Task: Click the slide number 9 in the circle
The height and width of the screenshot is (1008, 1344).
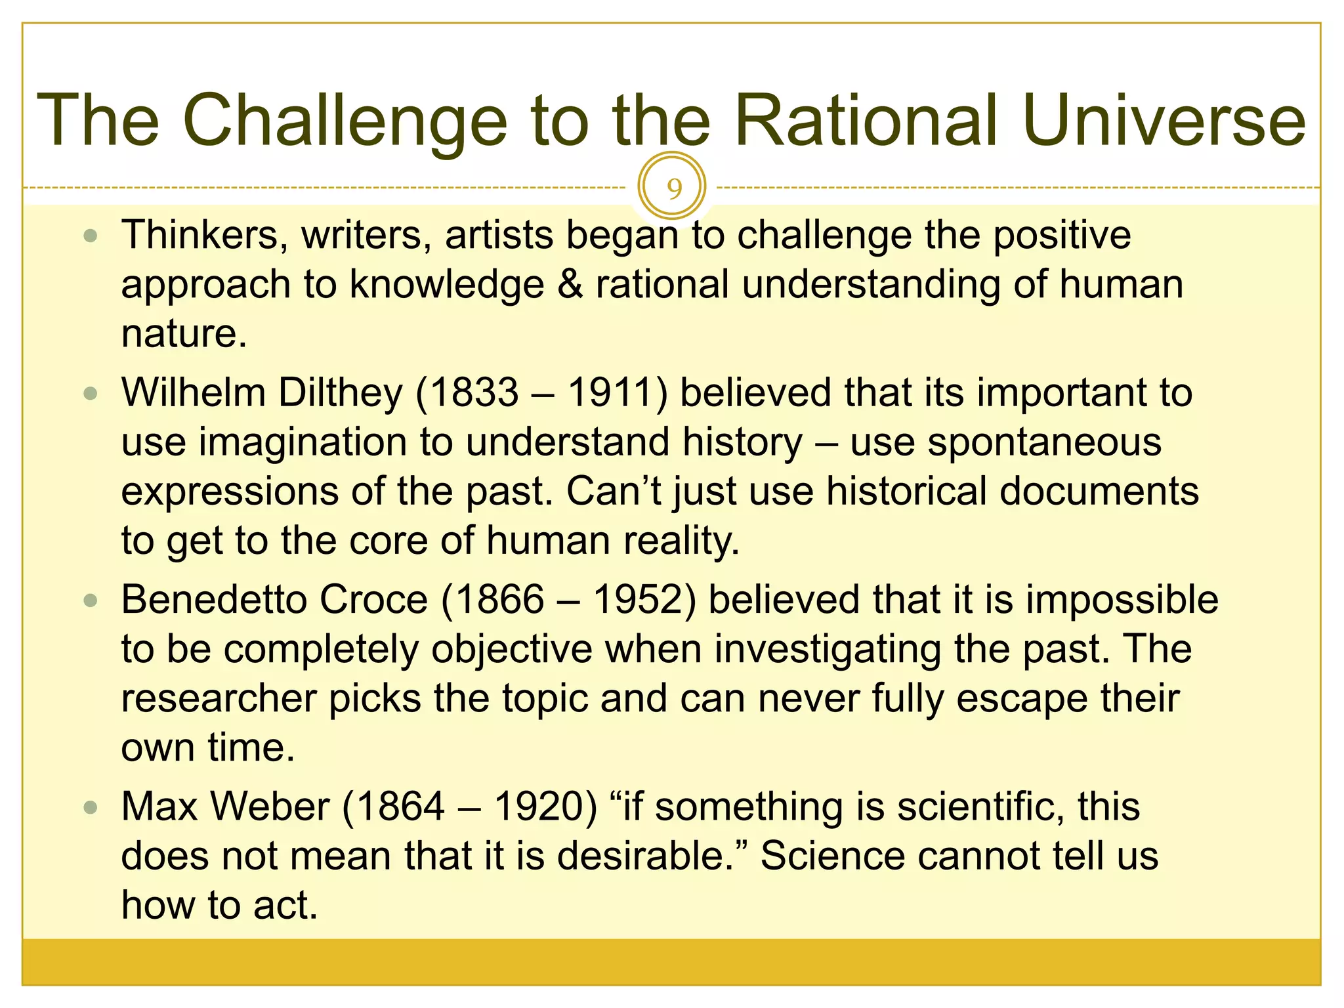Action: [673, 188]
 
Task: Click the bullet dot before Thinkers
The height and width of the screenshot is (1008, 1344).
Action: [91, 236]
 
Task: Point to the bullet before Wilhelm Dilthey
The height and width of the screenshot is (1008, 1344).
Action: [91, 393]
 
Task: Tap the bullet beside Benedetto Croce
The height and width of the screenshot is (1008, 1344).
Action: [91, 600]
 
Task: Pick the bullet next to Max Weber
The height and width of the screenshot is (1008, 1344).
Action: [91, 807]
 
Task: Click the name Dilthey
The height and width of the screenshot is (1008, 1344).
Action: [340, 393]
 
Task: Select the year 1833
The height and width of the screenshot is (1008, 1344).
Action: [474, 393]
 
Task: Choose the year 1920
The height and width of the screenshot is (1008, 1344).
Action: [538, 807]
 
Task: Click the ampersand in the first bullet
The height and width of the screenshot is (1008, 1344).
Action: [570, 285]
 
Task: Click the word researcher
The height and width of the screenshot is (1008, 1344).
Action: [219, 698]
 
